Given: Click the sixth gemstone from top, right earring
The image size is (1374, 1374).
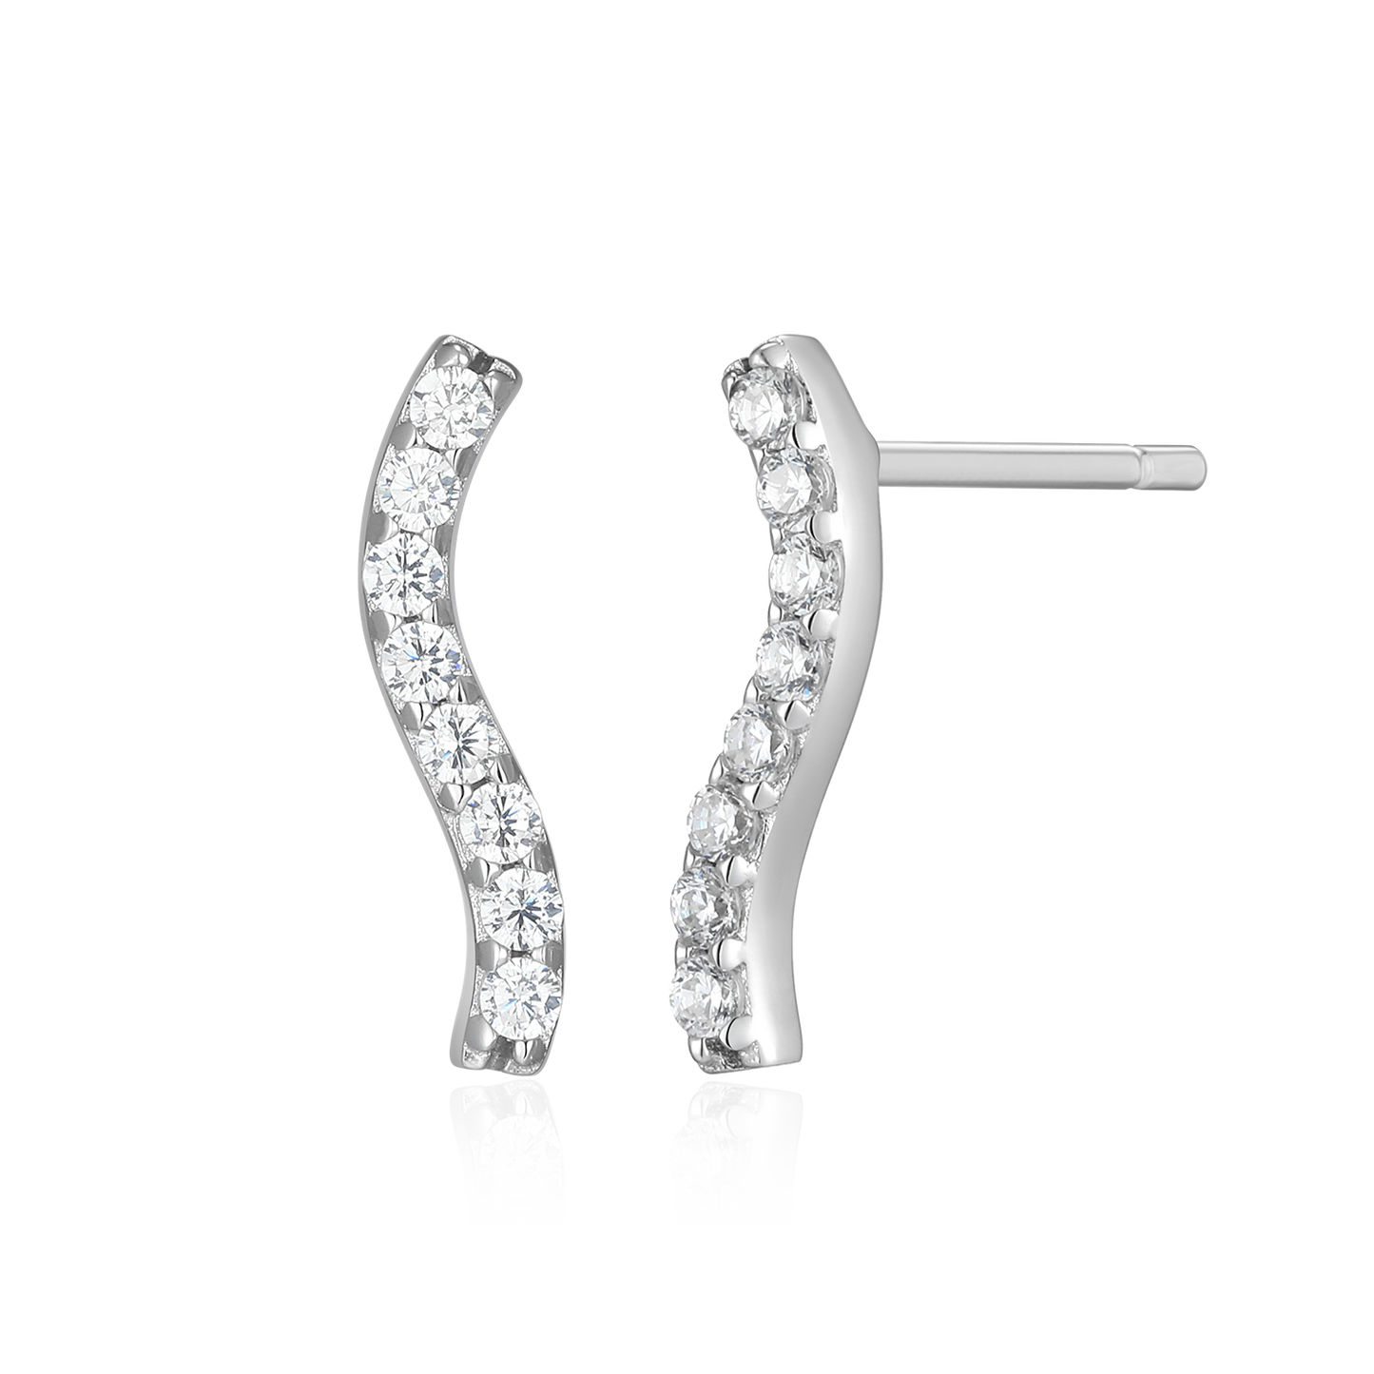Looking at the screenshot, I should point(725,815).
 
